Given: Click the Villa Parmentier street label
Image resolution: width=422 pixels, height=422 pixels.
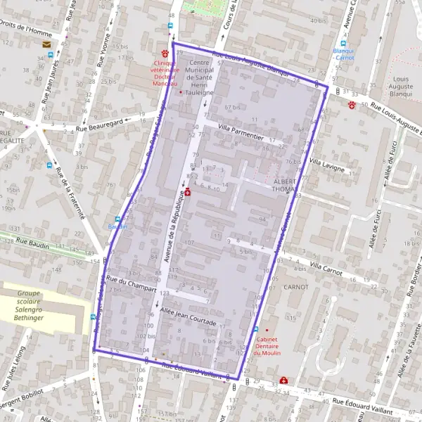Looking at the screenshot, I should pyautogui.click(x=241, y=131).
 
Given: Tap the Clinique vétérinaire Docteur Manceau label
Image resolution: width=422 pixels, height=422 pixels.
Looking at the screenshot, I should pyautogui.click(x=163, y=72).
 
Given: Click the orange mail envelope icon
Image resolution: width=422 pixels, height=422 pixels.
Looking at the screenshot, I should pyautogui.click(x=47, y=44).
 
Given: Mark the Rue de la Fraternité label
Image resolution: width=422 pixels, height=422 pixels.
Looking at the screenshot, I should pyautogui.click(x=70, y=194).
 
